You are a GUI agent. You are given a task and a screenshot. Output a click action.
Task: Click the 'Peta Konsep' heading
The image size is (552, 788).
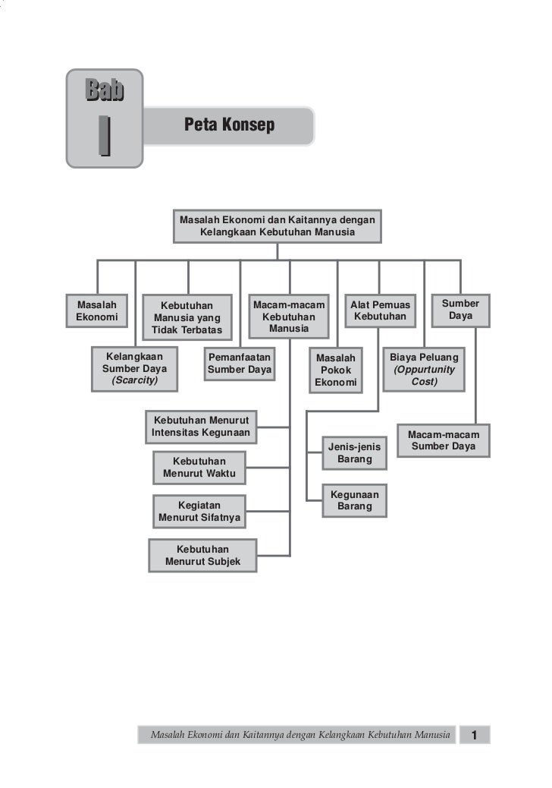click(229, 125)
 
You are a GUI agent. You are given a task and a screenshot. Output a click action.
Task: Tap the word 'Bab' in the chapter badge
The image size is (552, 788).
click(104, 91)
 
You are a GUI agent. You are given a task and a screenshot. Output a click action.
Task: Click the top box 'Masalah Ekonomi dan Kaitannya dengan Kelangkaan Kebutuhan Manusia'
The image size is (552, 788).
click(277, 225)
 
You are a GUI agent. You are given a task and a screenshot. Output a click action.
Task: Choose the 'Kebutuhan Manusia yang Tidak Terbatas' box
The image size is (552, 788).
click(187, 317)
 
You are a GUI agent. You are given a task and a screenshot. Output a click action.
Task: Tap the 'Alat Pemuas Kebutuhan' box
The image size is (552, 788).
click(380, 310)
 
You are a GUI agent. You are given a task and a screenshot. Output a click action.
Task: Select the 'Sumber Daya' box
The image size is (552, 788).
click(460, 309)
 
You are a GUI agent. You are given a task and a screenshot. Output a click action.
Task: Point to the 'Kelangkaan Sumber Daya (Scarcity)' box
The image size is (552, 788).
click(134, 368)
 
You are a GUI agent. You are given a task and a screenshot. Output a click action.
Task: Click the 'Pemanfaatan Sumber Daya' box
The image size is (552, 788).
click(240, 363)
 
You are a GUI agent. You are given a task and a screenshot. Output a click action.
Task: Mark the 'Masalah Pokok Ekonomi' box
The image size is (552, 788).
click(336, 370)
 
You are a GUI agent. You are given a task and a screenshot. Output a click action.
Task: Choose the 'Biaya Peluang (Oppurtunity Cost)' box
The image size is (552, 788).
click(424, 369)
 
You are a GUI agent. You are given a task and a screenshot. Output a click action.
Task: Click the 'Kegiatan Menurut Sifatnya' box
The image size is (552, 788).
click(199, 512)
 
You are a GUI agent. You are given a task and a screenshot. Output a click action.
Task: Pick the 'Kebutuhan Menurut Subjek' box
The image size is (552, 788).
click(202, 555)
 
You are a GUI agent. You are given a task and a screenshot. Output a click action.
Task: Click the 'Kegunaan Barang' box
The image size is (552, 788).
click(354, 500)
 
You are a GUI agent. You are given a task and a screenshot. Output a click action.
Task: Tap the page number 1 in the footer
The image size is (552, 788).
click(475, 735)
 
